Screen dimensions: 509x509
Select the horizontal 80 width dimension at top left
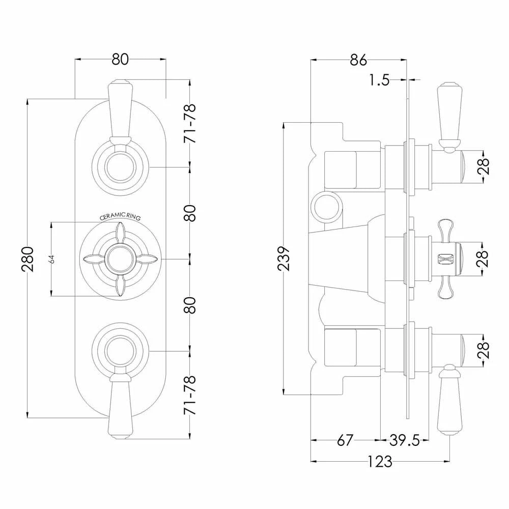[120, 59]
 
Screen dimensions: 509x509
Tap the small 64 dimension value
[52, 259]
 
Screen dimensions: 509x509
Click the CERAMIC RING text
[120, 216]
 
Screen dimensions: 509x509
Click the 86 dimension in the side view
[358, 60]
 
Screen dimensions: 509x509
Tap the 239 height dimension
[286, 259]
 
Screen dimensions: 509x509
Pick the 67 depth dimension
[345, 440]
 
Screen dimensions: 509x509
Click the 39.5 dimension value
[405, 440]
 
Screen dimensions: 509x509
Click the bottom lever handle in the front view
[120, 407]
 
